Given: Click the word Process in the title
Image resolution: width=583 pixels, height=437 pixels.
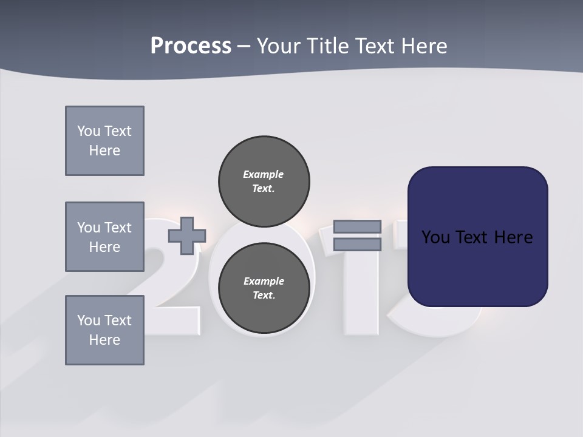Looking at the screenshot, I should (191, 46).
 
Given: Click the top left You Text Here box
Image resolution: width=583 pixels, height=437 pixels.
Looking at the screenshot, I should (104, 141).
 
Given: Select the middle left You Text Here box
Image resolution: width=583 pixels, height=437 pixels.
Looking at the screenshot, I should (104, 237).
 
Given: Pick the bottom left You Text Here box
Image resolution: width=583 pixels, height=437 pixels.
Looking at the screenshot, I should (104, 330).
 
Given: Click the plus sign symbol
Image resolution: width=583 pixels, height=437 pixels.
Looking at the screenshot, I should (186, 236).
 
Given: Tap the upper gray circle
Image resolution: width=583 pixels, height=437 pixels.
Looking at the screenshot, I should (264, 181).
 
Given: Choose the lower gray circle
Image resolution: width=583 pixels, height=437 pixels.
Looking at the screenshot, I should (264, 288).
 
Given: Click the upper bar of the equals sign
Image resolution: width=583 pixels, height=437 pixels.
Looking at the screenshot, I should (357, 226).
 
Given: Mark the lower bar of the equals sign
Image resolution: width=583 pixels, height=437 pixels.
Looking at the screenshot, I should (357, 245).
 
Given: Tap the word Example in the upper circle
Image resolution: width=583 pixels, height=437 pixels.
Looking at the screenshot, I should (263, 174).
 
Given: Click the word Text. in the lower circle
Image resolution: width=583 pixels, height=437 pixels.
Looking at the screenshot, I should (264, 296).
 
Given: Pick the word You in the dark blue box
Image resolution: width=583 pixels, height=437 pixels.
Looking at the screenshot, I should (435, 237).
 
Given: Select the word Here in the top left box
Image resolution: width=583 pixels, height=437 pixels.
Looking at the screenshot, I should (104, 151).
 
